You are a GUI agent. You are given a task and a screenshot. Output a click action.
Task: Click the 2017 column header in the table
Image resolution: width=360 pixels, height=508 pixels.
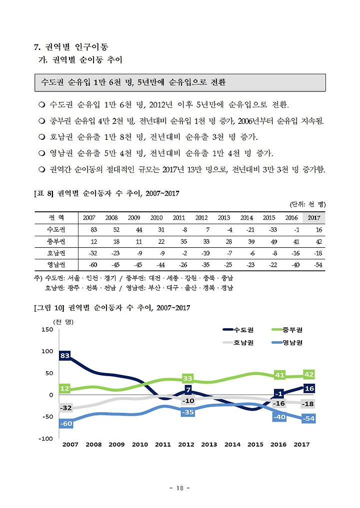tap(314, 218)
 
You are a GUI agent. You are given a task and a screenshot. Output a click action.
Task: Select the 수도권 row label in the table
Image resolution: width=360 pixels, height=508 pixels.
tap(56, 230)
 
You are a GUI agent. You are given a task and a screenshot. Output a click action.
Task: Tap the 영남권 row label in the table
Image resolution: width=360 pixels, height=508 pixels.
tap(56, 265)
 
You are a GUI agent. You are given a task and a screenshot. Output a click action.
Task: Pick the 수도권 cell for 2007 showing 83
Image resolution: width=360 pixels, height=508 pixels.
tap(93, 230)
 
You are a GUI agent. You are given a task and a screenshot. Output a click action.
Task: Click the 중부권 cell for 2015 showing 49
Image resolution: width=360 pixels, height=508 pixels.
tap(273, 242)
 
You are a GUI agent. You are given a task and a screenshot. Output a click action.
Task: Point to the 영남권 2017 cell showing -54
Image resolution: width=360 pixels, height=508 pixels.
tap(318, 265)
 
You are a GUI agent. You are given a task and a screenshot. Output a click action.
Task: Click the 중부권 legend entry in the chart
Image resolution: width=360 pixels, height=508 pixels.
tap(287, 330)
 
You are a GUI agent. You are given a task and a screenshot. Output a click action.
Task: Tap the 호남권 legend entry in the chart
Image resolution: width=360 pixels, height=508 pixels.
tap(238, 343)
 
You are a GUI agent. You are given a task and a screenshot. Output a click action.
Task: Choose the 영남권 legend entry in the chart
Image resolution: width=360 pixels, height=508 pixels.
tap(287, 343)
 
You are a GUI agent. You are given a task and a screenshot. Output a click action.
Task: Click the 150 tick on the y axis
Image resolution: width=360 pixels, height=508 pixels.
tap(47, 330)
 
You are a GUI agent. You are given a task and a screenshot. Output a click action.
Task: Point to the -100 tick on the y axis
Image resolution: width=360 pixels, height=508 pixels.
tap(46, 439)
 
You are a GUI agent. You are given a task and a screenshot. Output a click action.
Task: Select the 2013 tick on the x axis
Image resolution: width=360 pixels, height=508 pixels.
tap(209, 445)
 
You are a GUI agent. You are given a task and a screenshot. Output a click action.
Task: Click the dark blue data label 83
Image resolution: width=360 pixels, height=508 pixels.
tap(65, 356)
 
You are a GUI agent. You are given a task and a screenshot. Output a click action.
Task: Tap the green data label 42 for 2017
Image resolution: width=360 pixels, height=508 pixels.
tap(309, 375)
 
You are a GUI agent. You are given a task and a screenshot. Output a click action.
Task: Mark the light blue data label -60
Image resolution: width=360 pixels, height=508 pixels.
tap(66, 424)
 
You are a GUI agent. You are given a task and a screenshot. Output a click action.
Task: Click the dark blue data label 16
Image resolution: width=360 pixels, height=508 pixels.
tap(309, 389)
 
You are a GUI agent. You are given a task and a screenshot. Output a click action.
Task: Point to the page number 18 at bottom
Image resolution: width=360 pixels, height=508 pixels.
tap(179, 488)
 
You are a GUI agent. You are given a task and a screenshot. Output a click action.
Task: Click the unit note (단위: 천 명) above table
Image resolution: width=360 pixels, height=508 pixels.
tap(307, 204)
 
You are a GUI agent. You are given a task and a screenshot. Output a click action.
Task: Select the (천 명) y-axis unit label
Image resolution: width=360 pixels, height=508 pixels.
tap(63, 322)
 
